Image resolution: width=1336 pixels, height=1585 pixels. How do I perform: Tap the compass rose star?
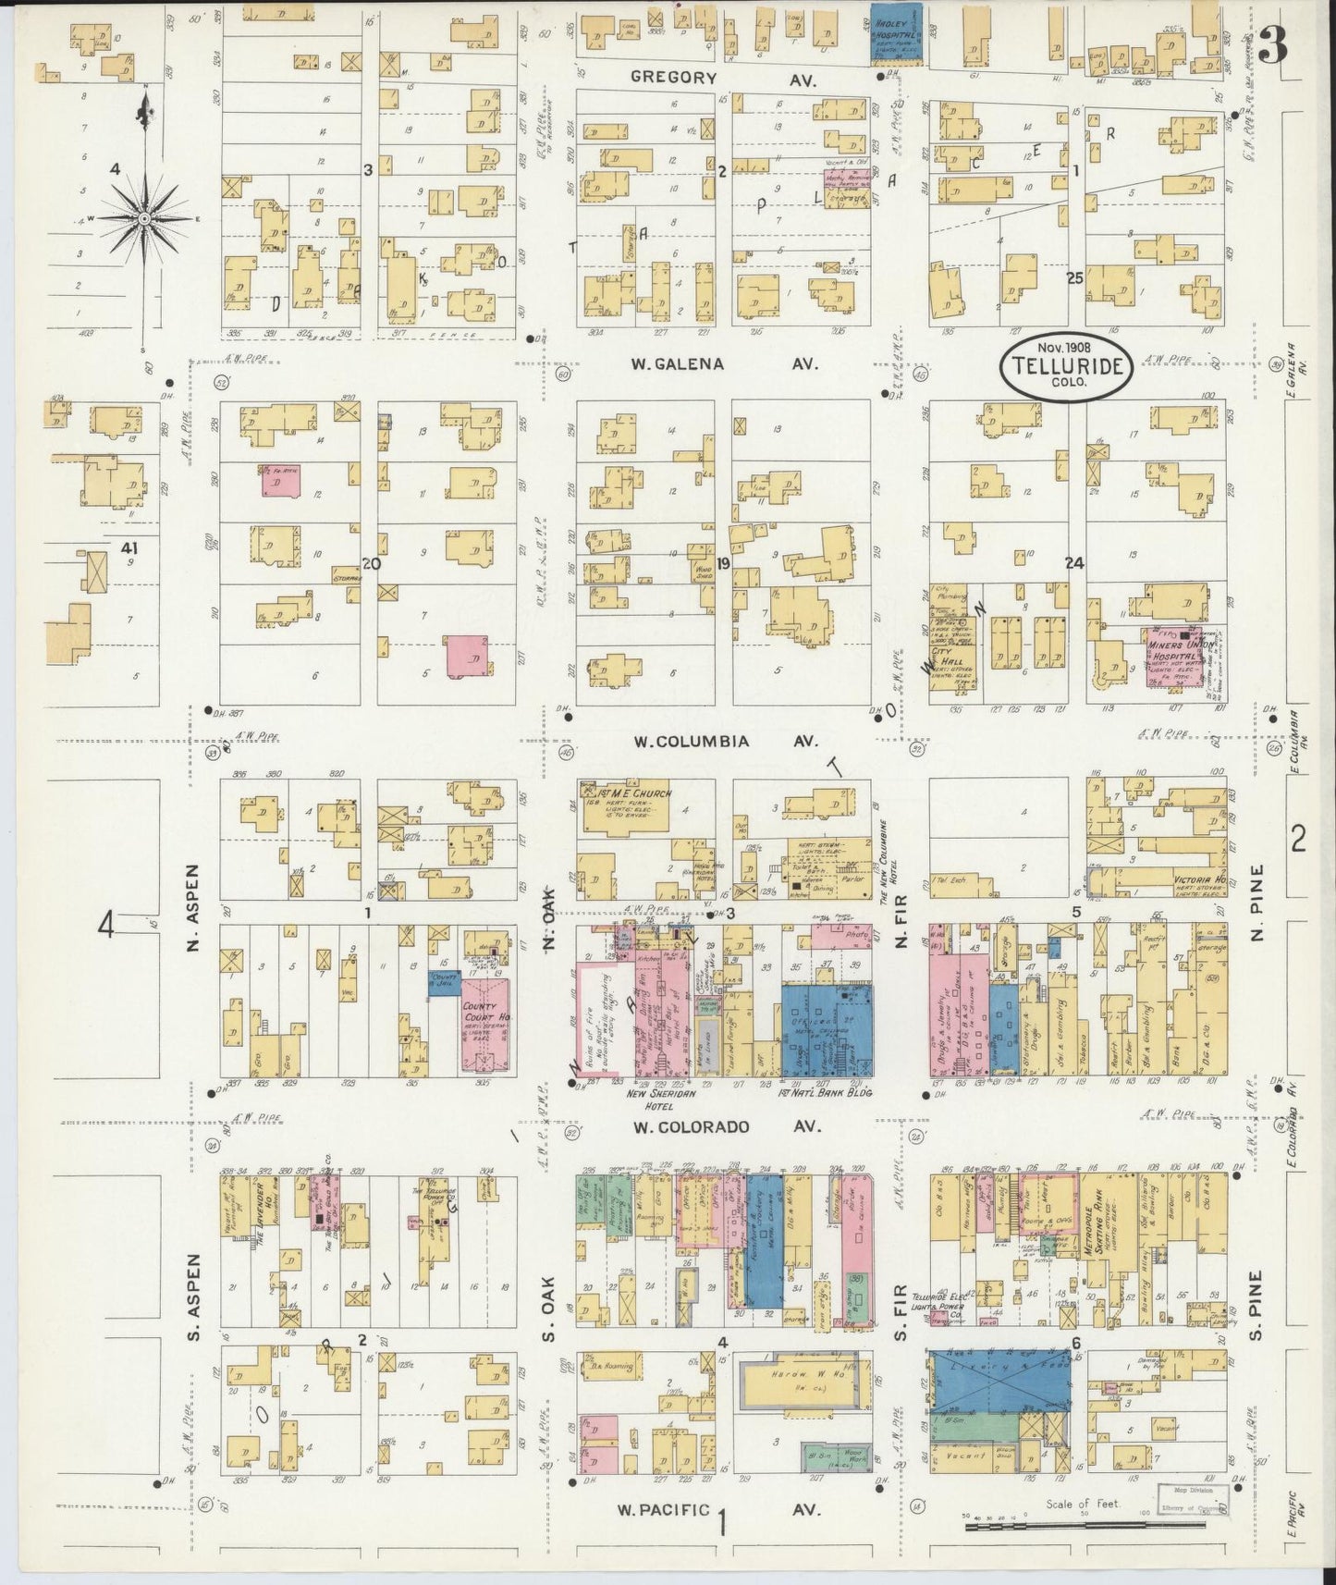point(144,218)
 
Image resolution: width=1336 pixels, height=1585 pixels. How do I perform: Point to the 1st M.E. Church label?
point(629,792)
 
